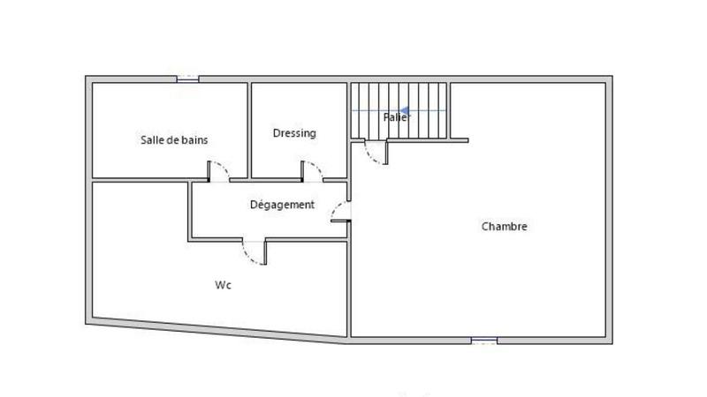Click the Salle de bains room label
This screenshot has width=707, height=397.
tap(174, 139)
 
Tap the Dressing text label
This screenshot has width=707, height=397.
tap(294, 133)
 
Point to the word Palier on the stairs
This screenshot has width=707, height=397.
tap(395, 116)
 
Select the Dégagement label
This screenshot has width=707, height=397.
tap(282, 205)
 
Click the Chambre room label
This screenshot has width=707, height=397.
tap(504, 227)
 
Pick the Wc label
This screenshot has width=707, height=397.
tap(223, 285)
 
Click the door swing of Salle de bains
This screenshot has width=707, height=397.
tap(218, 171)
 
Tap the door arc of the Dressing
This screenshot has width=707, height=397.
tap(312, 171)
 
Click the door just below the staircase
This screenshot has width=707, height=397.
tap(376, 152)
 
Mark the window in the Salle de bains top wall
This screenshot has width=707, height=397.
tap(187, 79)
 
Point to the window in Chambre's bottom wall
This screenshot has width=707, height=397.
tap(483, 340)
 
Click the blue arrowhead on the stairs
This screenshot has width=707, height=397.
tap(403, 111)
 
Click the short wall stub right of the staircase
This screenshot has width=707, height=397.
tap(459, 139)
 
